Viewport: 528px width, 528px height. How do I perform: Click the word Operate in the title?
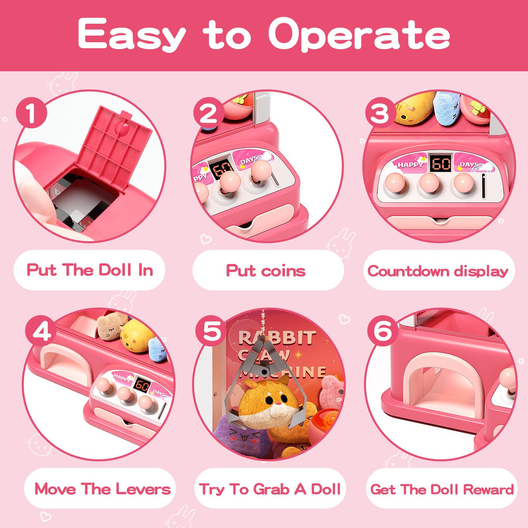coord(359,35)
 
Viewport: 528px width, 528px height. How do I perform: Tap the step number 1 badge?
coord(31,113)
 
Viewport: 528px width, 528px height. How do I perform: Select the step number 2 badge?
coord(209,113)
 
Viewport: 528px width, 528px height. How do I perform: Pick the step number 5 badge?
coord(211,331)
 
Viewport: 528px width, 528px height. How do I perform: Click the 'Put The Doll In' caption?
coord(90,270)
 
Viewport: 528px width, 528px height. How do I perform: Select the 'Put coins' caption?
coord(266,270)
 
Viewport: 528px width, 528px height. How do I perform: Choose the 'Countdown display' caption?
coord(438,271)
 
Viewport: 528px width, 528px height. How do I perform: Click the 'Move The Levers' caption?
coord(103,489)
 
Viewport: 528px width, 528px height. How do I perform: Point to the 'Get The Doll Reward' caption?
coord(442,489)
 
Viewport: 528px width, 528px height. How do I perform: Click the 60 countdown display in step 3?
coord(441,163)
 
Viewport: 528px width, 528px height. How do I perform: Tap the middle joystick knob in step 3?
coord(429,184)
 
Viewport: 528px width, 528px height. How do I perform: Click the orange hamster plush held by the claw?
coord(269,402)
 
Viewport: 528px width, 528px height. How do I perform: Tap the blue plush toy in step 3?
coord(447,108)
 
